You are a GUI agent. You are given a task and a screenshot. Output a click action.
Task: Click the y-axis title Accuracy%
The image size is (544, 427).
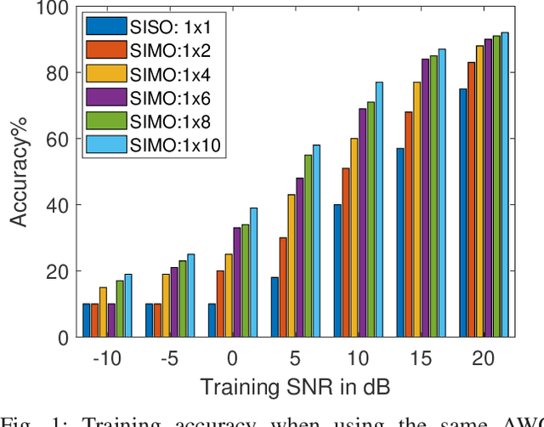[18, 173]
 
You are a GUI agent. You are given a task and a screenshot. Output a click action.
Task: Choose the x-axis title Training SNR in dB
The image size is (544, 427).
[295, 387]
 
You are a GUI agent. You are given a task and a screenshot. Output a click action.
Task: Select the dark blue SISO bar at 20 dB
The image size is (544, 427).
[463, 213]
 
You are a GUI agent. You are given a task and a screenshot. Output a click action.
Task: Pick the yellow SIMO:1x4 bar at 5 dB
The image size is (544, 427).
[291, 265]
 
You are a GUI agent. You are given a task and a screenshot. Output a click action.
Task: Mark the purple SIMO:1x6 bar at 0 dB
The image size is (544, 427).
[237, 282]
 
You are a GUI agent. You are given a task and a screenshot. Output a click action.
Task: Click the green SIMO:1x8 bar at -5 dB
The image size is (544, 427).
[183, 299]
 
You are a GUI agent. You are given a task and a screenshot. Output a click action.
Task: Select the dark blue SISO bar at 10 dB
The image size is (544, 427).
[337, 270]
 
